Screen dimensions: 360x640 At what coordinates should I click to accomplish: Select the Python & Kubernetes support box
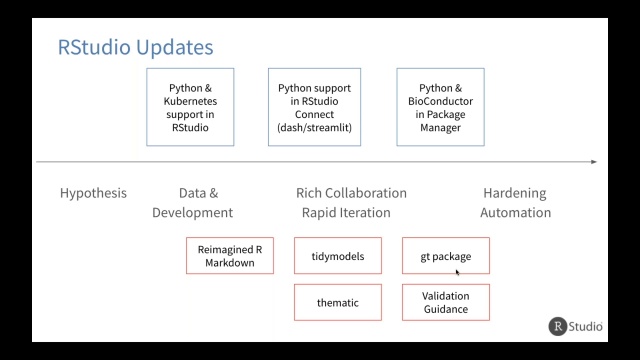190,107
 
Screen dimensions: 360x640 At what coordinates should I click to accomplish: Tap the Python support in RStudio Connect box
315,107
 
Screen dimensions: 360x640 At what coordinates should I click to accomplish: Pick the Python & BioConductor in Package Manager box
440,107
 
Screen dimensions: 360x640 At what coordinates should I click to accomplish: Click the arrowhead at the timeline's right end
594,161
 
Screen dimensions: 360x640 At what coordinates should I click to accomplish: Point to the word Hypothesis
93,193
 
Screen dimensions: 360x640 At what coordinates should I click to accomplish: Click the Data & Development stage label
192,202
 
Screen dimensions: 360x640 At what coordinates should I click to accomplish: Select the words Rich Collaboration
351,193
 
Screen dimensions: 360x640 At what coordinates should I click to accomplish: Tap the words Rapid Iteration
346,212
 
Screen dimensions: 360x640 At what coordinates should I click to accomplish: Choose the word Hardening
515,193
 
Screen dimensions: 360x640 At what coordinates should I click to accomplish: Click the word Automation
515,212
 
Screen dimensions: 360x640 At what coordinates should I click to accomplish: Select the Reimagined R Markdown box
230,256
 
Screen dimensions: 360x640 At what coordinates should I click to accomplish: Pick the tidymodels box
338,256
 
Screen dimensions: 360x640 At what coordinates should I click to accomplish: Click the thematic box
338,302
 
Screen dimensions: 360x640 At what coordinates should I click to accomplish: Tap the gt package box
446,256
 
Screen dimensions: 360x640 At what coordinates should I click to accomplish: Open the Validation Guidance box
446,302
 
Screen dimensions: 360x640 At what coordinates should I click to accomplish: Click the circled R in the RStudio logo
559,326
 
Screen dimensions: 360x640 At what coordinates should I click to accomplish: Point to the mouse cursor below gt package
458,272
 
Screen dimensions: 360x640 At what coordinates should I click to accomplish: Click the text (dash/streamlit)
315,128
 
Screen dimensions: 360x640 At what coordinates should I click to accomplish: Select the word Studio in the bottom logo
587,326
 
